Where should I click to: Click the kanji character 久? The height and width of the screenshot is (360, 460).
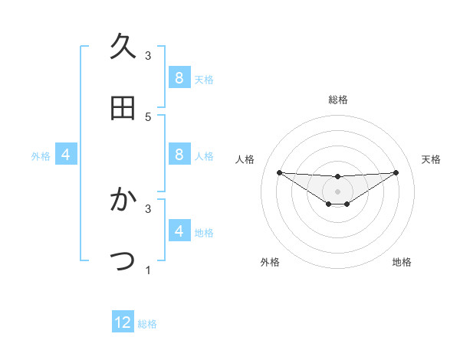[x=123, y=47]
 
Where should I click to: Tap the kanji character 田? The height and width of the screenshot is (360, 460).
[x=123, y=108]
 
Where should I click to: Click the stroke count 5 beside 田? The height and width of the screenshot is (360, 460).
[x=148, y=116]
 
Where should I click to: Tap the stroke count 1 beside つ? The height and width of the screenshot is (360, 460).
[x=148, y=270]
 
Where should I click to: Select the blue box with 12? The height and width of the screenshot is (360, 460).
[x=123, y=322]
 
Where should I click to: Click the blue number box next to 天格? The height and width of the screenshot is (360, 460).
[x=179, y=78]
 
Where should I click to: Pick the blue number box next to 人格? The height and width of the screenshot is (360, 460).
[x=179, y=155]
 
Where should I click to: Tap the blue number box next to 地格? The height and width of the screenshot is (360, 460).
[x=179, y=231]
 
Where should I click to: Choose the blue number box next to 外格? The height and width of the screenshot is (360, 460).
[x=66, y=155]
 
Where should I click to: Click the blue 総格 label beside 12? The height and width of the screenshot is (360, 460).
[x=147, y=324]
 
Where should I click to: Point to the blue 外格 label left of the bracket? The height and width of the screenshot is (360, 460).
[x=41, y=156]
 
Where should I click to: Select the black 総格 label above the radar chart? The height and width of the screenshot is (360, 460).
[x=338, y=100]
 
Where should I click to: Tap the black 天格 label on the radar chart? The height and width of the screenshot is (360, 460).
[x=432, y=159]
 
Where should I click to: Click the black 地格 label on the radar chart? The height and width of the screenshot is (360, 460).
[x=402, y=262]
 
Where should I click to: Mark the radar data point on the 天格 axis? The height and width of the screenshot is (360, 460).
[x=396, y=172]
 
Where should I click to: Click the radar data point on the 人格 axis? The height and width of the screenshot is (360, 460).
[x=279, y=172]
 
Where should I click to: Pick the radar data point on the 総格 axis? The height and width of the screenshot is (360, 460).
[x=338, y=177]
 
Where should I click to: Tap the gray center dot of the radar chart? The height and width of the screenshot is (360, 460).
[x=338, y=191]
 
